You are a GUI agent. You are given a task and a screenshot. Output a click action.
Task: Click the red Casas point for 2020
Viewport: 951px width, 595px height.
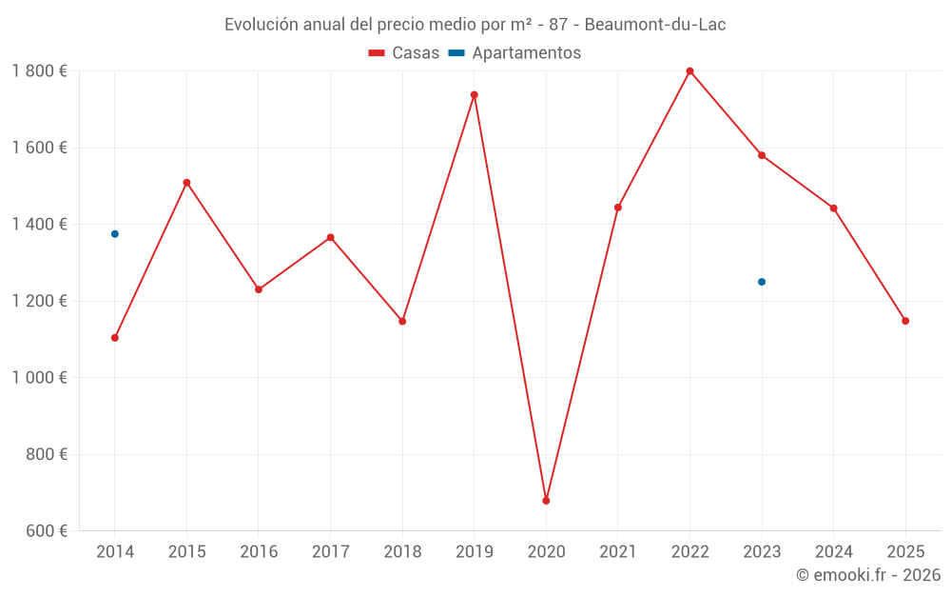coord(546,501)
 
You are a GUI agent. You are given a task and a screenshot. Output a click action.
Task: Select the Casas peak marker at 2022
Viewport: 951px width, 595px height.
coord(689,71)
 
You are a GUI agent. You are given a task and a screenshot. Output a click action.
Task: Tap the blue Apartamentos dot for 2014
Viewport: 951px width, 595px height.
coord(115,234)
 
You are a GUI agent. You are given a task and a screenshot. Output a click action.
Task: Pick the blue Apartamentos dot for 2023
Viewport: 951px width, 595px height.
coord(762,282)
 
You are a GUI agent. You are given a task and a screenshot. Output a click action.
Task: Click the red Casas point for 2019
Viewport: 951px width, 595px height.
coord(475,95)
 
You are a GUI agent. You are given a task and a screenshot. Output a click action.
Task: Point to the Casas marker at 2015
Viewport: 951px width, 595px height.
coord(186,183)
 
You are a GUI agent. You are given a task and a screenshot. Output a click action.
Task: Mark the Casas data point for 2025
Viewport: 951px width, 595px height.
coord(905,321)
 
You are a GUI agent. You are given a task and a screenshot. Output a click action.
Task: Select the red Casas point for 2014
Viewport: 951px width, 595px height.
coord(115,338)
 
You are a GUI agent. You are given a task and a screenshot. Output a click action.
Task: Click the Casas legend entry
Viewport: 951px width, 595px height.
coord(404,53)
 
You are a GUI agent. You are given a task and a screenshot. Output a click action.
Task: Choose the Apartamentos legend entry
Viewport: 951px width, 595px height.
coord(514,53)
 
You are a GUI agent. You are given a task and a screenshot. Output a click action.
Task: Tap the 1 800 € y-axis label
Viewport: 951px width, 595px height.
coord(39,71)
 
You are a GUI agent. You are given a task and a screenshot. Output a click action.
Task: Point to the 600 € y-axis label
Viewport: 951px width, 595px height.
coord(46,531)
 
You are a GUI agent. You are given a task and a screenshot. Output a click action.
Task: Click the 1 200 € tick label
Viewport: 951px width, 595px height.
coord(39,301)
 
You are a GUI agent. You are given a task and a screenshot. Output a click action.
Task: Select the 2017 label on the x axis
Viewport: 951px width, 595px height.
coord(330,552)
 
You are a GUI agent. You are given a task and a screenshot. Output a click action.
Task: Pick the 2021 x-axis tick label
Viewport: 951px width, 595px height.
coord(618,552)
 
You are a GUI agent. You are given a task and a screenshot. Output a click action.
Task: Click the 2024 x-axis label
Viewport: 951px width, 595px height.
coord(833,552)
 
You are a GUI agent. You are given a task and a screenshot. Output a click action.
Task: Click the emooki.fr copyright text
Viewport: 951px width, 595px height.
coord(868,575)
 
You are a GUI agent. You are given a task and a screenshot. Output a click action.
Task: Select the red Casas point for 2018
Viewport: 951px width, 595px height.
coord(402,321)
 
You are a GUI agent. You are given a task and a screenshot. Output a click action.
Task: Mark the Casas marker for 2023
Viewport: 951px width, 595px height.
coord(762,155)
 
